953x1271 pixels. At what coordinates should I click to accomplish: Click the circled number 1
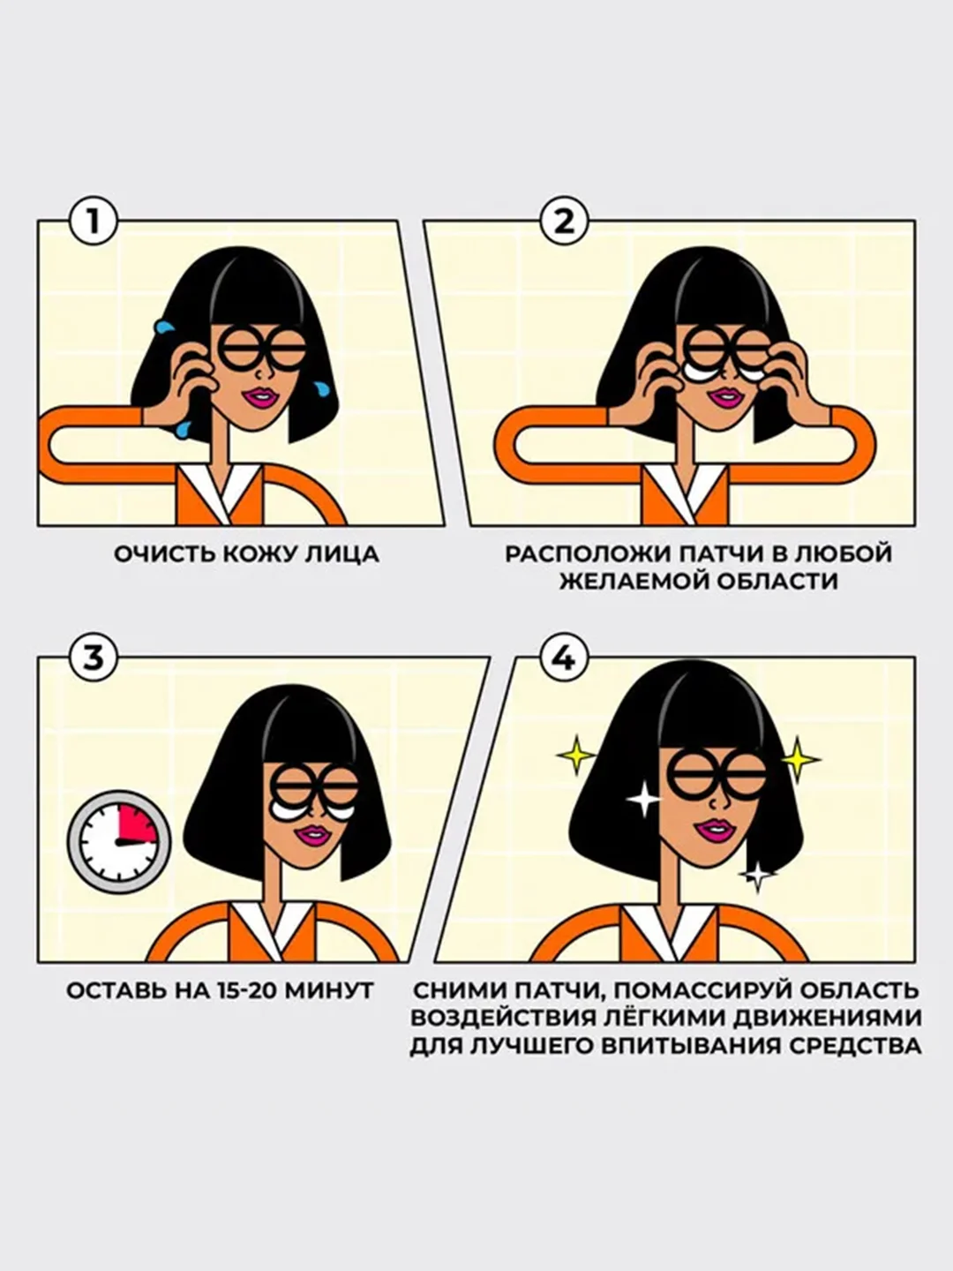[93, 222]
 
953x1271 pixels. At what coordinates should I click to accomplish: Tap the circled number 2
[565, 222]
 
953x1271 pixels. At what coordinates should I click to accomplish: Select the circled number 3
[93, 659]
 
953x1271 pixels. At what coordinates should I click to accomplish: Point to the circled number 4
[565, 659]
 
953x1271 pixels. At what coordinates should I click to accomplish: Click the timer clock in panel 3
[119, 839]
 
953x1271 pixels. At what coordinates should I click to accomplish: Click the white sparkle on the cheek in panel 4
[643, 800]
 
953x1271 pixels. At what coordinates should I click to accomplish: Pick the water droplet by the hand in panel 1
[164, 327]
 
